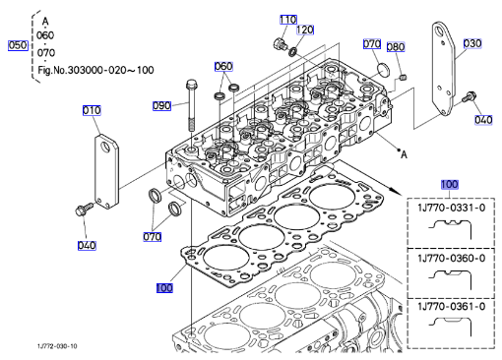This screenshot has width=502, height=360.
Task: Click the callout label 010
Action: click(92, 110)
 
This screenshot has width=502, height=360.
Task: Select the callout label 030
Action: click(472, 43)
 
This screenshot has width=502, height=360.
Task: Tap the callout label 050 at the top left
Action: click(18, 45)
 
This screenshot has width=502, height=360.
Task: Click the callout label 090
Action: click(161, 105)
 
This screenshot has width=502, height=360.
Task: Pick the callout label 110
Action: click(288, 20)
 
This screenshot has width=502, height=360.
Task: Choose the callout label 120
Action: click(305, 30)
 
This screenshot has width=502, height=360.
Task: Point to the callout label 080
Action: click(396, 47)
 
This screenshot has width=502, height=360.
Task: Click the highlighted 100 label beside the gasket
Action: click(164, 288)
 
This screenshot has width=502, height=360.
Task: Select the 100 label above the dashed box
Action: click(449, 184)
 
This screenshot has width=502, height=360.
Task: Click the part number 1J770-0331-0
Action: click(452, 208)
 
